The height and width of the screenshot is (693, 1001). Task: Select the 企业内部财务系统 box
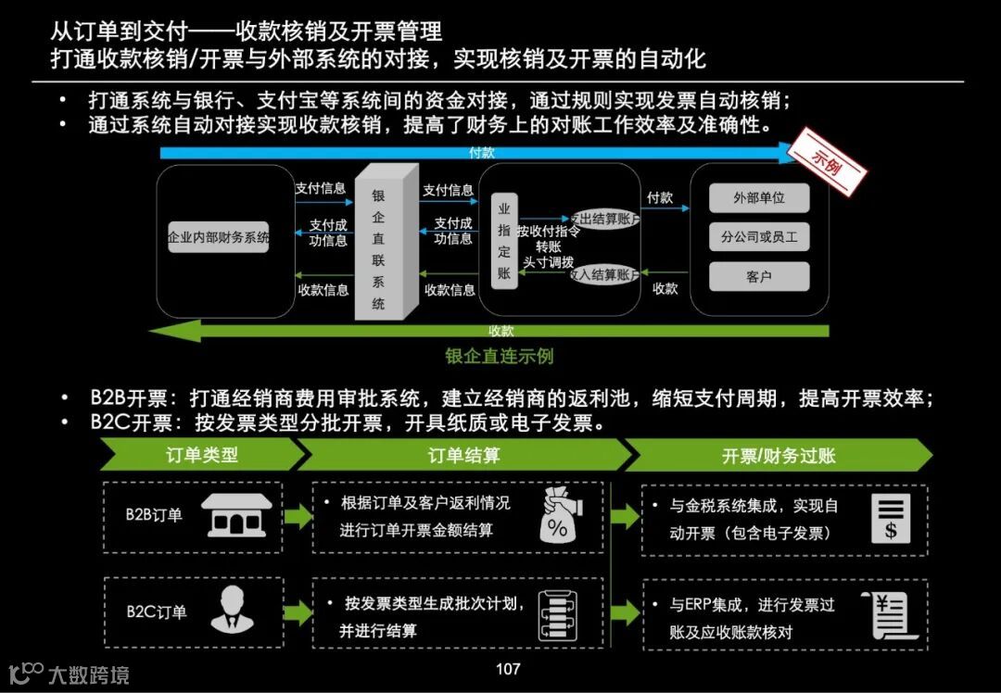[x=219, y=237]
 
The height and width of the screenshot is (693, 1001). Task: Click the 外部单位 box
[x=758, y=198]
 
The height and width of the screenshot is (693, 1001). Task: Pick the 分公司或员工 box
[x=758, y=237]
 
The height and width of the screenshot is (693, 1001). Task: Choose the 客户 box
[x=758, y=276]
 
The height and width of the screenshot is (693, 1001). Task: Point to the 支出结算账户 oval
[x=603, y=218]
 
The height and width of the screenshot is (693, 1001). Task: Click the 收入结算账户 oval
[x=603, y=274]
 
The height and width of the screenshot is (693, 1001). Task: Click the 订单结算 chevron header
[x=463, y=455]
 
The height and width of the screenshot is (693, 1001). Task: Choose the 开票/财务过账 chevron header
[x=779, y=455]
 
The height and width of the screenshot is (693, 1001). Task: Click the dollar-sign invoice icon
[x=891, y=518]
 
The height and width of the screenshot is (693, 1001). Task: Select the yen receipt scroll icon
[x=891, y=614]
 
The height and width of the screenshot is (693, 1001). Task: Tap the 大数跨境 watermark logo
[x=69, y=674]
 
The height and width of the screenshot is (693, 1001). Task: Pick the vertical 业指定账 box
[x=504, y=240]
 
